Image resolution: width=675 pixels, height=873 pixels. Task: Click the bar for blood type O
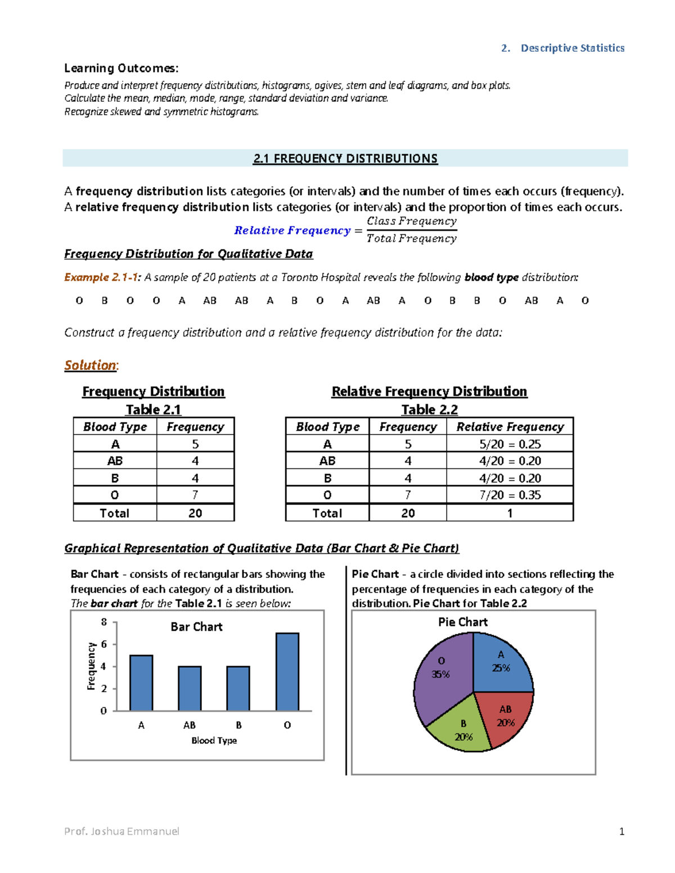[287, 672]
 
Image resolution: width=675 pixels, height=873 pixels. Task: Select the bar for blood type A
[141, 682]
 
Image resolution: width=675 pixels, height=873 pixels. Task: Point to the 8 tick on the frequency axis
[104, 622]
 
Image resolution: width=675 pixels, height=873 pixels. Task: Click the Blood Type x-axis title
[214, 740]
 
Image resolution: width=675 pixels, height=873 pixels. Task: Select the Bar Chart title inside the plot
[196, 627]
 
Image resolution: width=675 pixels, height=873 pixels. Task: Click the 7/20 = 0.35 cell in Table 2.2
[510, 495]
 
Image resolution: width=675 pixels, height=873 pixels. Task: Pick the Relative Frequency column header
[510, 427]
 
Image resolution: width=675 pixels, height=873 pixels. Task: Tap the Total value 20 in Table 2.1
[195, 513]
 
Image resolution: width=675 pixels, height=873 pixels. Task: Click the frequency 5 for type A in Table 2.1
[195, 444]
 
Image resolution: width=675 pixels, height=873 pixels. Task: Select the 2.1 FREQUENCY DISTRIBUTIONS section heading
[345, 159]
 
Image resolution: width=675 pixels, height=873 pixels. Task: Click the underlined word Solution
[91, 365]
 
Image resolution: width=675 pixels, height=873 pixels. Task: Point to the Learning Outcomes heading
[121, 69]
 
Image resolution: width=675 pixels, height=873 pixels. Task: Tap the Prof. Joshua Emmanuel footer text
[121, 831]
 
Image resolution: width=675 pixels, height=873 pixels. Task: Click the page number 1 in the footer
[622, 831]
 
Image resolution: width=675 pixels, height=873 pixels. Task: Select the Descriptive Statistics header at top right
[572, 48]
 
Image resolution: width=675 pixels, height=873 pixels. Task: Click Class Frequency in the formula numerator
[411, 221]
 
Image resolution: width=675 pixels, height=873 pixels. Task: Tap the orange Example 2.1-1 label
[102, 277]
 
